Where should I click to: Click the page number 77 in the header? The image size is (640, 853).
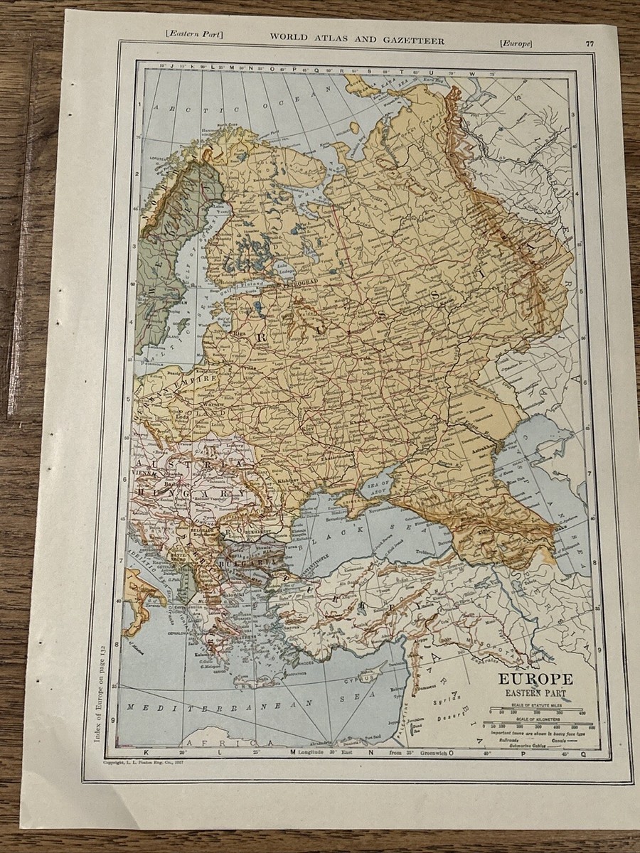590,42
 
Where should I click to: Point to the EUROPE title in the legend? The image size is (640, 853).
535,679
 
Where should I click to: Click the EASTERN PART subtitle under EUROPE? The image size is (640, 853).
535,693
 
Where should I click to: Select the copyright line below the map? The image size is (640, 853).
146,762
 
